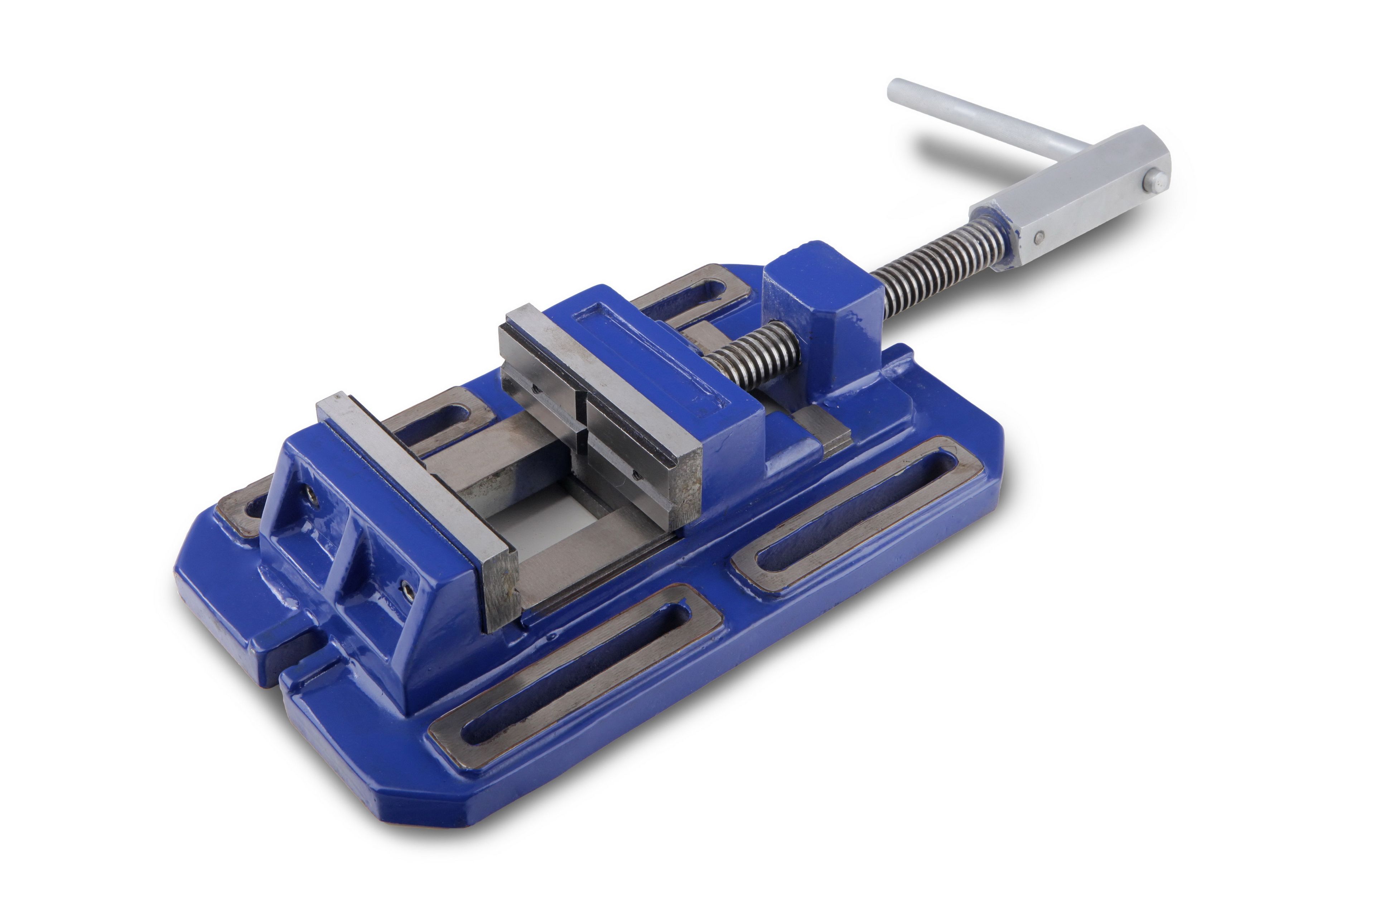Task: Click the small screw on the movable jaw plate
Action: tap(636, 477)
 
